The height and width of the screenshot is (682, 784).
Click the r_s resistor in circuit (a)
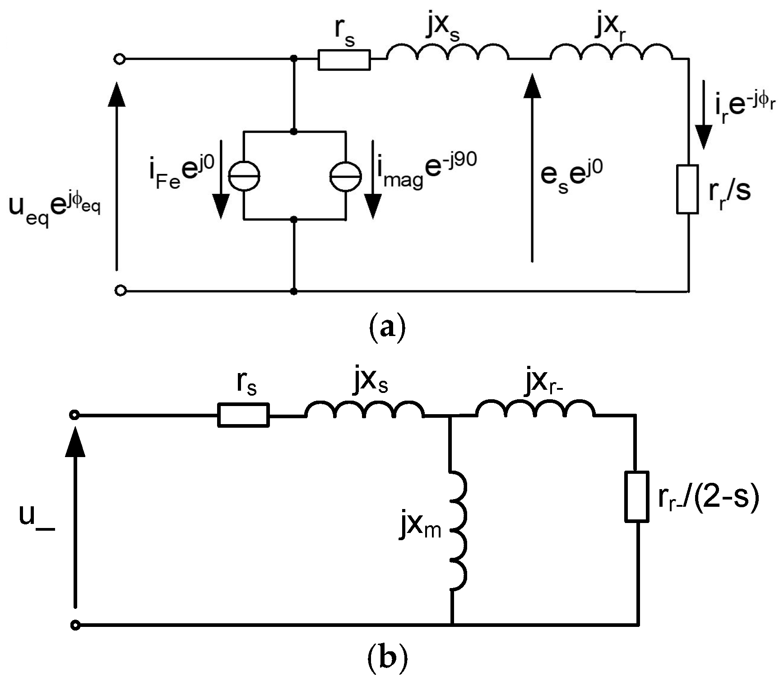[x=344, y=60]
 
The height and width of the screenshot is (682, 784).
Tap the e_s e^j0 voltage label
[x=571, y=176]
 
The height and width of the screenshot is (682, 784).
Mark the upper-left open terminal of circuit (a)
[x=119, y=59]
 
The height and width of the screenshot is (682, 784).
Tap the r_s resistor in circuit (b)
[x=243, y=415]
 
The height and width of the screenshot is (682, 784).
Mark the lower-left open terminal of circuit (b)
[x=75, y=625]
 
